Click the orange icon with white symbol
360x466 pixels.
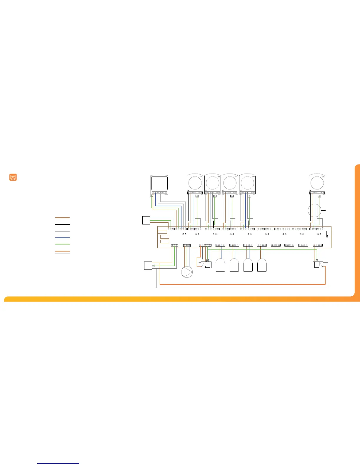coord(13,177)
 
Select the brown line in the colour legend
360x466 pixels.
coord(62,218)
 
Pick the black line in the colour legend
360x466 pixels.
coord(62,224)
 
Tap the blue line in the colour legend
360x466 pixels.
coord(62,237)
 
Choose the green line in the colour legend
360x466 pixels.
coord(62,244)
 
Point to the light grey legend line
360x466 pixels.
coord(62,231)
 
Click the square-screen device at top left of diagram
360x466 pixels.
coord(159,184)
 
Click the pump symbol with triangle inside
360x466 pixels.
coord(187,272)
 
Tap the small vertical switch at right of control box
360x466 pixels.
coord(327,234)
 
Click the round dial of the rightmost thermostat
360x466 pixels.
coord(316,183)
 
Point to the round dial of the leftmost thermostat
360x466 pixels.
coord(195,183)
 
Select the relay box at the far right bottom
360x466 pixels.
coord(318,265)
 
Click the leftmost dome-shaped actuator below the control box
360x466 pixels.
coord(220,265)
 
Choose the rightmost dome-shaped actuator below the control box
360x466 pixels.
coord(262,265)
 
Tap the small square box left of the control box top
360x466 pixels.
coord(146,220)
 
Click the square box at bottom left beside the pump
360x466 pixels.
coord(148,266)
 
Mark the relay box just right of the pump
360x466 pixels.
coord(206,265)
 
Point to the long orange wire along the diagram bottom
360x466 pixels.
coord(241,284)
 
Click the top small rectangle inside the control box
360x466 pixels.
coord(162,232)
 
